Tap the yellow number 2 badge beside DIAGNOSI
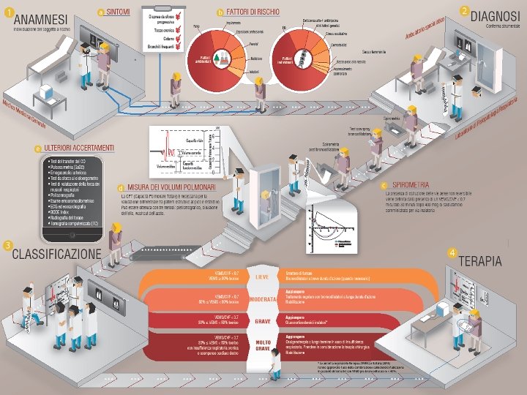tap(465, 10)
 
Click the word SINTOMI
tap(119, 12)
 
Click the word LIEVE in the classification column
tap(263, 277)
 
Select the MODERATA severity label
tap(263, 300)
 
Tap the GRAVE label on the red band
tap(263, 321)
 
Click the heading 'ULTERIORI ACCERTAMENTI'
tap(80, 148)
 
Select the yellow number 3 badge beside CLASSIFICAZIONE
tap(7, 245)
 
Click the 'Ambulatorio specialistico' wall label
tap(427, 30)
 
